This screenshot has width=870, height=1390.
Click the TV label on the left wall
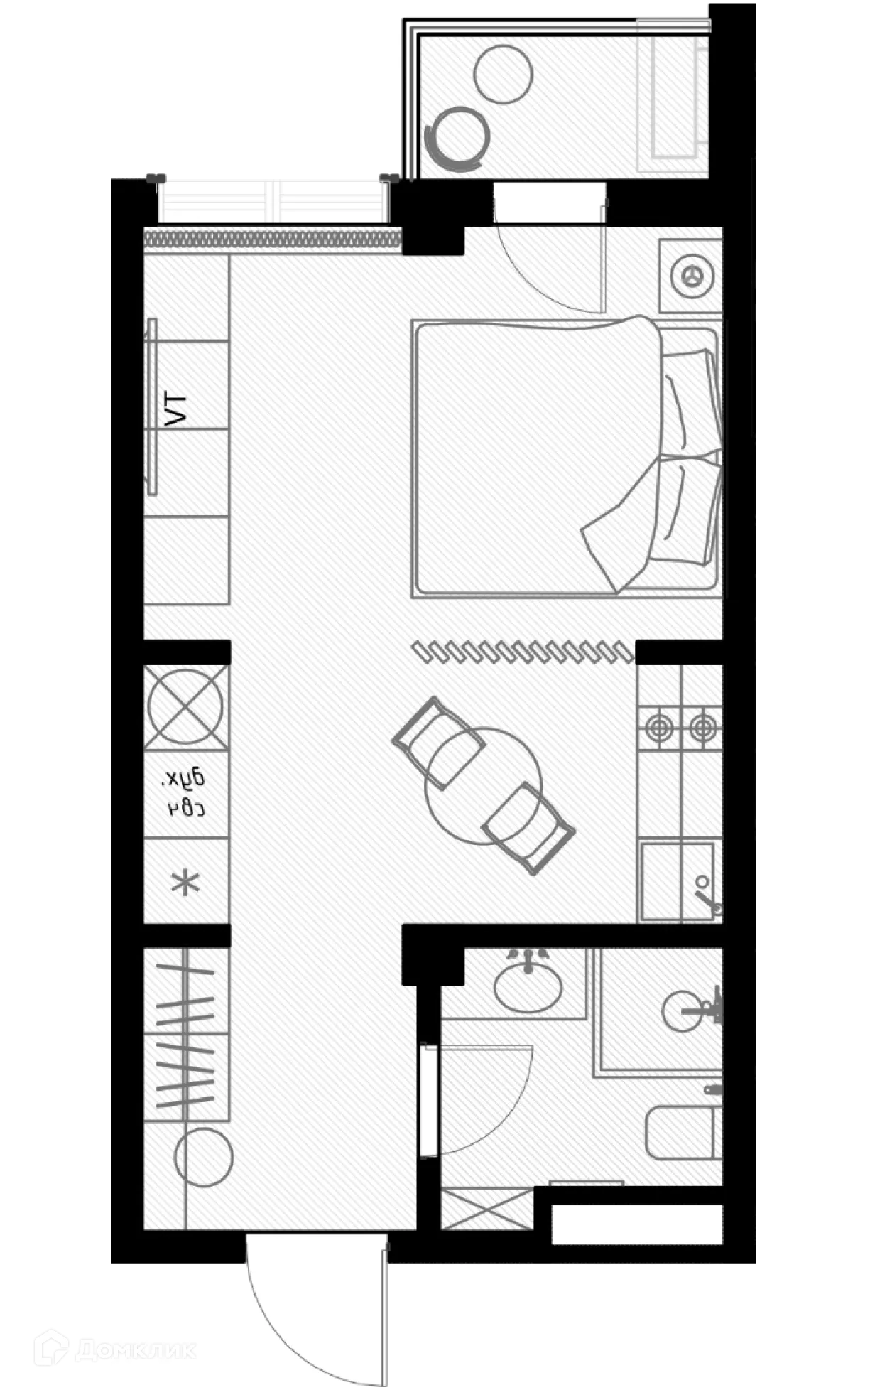(176, 410)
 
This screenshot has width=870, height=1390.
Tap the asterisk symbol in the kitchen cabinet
(186, 883)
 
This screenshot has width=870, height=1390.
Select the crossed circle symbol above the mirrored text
(186, 706)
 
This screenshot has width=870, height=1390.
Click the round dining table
(483, 785)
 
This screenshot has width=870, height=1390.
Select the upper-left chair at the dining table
(438, 743)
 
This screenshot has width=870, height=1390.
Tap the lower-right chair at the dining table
(528, 827)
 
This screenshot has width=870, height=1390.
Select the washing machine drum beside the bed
(690, 276)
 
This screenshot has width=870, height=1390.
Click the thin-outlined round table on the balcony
(503, 74)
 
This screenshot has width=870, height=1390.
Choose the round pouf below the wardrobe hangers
(204, 1157)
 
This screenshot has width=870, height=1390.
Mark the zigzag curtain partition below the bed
(523, 651)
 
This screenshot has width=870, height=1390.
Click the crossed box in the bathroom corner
(486, 1208)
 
